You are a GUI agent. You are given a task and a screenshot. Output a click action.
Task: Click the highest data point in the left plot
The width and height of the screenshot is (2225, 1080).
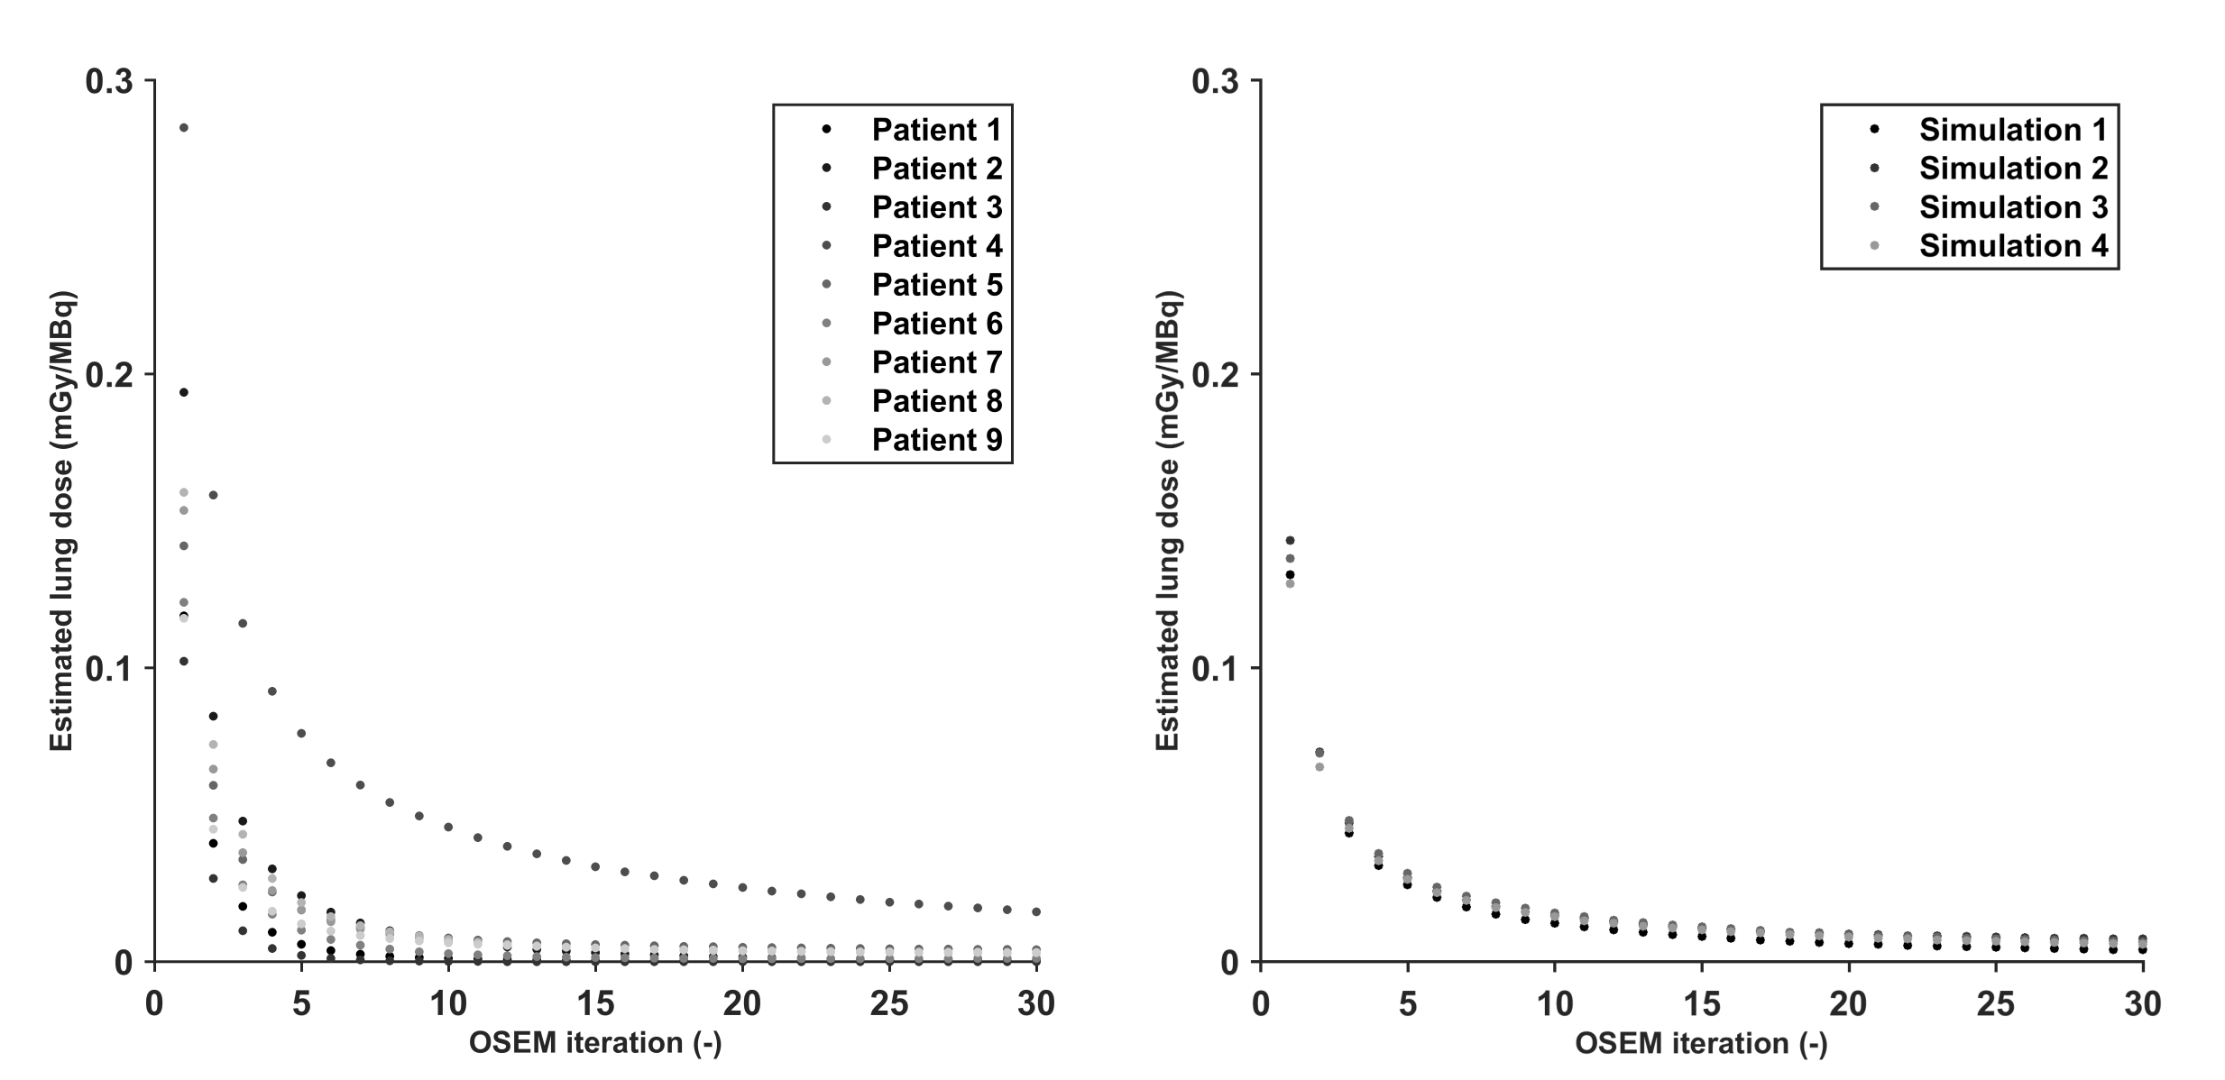[x=184, y=128]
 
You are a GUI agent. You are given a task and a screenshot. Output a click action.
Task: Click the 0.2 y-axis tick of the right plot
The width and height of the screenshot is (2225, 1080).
[x=1215, y=375]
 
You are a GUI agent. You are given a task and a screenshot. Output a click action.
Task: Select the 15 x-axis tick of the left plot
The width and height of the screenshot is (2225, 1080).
[x=595, y=1003]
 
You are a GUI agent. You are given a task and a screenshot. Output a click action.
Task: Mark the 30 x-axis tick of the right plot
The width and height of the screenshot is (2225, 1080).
[x=2142, y=1003]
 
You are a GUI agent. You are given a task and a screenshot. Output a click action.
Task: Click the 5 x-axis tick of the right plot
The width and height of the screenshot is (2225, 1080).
[x=1408, y=1003]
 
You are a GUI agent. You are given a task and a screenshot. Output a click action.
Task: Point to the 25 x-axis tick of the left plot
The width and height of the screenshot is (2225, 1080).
[x=889, y=1003]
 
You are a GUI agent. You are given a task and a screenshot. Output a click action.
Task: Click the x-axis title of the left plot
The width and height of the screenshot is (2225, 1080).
[x=595, y=1043]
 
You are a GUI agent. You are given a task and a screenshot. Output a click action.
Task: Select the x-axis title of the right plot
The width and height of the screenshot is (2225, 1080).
[x=1701, y=1043]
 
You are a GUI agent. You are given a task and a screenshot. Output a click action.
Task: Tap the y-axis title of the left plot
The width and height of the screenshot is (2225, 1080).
[x=61, y=521]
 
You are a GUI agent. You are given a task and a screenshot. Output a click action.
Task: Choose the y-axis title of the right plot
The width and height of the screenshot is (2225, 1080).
[x=1168, y=521]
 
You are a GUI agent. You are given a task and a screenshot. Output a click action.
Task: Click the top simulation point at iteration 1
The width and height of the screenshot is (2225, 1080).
[x=1290, y=541]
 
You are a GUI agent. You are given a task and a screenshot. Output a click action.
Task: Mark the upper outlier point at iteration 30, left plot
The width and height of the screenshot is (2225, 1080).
[x=1036, y=912]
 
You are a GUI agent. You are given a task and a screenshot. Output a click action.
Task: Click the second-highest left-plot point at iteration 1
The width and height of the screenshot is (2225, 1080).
[x=184, y=392]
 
